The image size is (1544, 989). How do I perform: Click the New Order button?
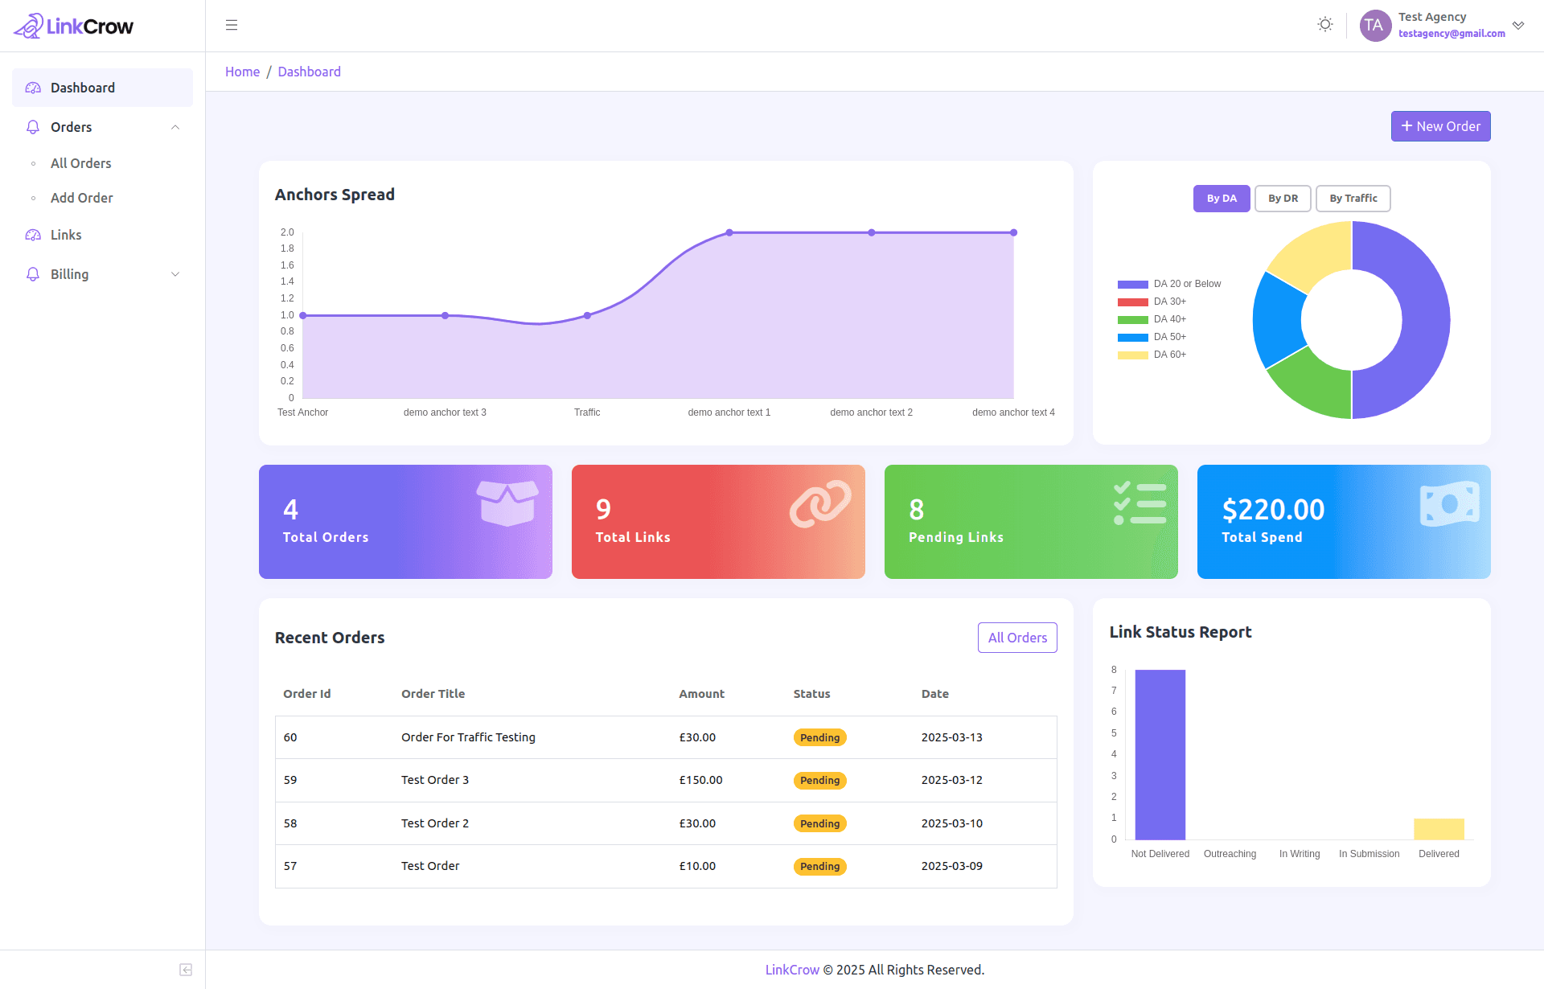pos(1440,126)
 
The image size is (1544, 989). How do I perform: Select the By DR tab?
pos(1283,199)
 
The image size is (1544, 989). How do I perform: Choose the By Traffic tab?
pos(1353,199)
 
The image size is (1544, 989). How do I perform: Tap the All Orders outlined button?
pos(1017,638)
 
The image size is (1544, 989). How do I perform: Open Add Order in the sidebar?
pos(81,198)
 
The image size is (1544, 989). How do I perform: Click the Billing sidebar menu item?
pos(70,274)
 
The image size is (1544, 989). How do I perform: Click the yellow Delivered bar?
pos(1439,829)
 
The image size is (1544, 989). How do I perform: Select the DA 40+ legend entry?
pos(1169,319)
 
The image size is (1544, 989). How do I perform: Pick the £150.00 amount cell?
pos(700,780)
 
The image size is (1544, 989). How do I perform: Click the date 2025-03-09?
pos(951,866)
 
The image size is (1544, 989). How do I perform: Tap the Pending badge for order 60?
pos(819,737)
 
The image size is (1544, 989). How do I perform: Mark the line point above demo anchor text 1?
pos(729,232)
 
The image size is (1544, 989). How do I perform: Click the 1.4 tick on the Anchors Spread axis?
pos(287,281)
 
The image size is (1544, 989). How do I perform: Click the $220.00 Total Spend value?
pos(1273,510)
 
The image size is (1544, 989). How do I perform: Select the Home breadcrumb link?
pos(242,72)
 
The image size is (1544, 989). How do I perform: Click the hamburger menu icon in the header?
pos(232,25)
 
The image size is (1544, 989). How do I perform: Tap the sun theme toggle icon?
pos(1325,25)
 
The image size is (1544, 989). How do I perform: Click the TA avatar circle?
pos(1375,25)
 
